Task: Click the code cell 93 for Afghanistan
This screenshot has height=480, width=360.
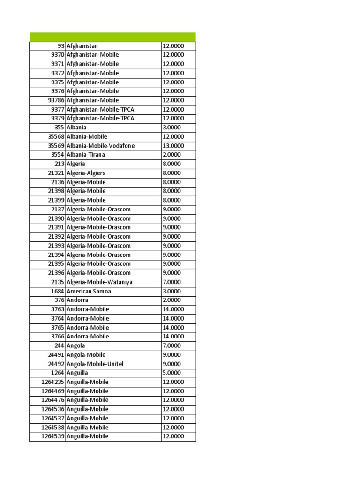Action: click(x=60, y=46)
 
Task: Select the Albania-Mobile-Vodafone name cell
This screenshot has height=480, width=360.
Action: click(x=101, y=146)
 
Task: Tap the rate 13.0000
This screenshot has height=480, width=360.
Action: click(x=173, y=146)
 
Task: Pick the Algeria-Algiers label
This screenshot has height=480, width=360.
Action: click(x=86, y=173)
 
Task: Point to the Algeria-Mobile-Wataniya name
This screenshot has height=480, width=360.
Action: click(x=99, y=282)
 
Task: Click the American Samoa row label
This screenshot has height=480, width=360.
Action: click(x=89, y=291)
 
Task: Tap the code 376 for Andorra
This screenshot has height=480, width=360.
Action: click(x=59, y=300)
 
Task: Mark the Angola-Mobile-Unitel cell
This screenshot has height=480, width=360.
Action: click(x=95, y=364)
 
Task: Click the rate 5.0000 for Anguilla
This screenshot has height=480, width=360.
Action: click(x=171, y=373)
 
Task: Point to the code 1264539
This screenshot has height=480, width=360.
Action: click(x=53, y=436)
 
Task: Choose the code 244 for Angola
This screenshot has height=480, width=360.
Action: click(x=59, y=345)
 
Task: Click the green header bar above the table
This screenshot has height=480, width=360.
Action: click(x=112, y=37)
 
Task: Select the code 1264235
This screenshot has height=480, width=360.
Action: click(x=53, y=382)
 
